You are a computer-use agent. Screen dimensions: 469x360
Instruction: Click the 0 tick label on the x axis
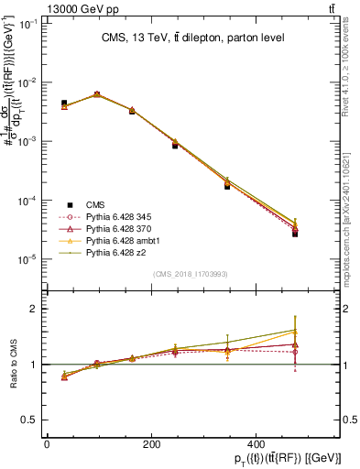[47, 444]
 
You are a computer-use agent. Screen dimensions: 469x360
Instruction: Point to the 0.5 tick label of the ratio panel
[29, 420]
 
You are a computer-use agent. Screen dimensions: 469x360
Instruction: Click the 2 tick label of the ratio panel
[34, 310]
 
